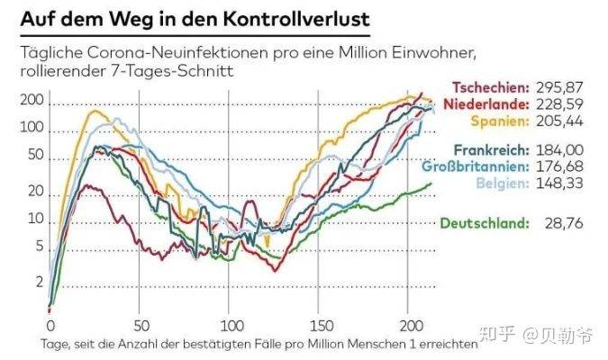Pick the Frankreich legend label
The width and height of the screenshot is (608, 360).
[492, 150]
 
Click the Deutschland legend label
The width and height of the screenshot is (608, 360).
[483, 222]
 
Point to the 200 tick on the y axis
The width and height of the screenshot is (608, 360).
[32, 103]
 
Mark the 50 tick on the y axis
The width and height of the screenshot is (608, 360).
[35, 156]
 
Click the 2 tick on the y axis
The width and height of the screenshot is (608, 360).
[39, 282]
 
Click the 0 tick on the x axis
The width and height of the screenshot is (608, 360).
[50, 326]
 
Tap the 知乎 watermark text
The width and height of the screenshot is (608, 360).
[500, 337]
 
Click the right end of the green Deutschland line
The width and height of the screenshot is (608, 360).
[430, 184]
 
